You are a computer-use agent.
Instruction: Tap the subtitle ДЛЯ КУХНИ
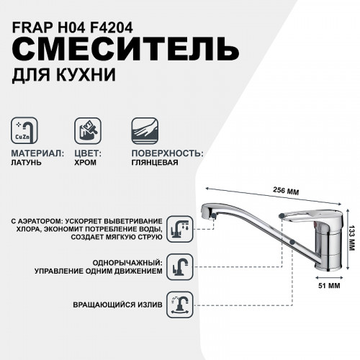coord(53,73)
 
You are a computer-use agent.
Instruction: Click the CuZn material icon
coord(25,132)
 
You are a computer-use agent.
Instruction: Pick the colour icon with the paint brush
coord(89,132)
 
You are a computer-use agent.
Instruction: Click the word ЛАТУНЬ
coord(27,163)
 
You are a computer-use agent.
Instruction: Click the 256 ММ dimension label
coord(290,192)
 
